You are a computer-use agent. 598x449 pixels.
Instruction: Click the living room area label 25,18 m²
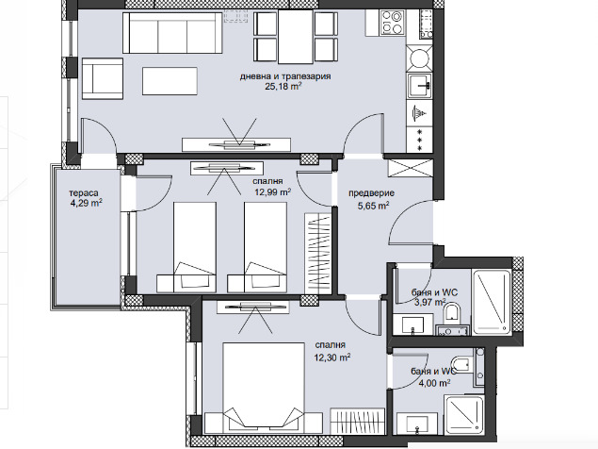283,87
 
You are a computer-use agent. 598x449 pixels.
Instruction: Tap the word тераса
84,193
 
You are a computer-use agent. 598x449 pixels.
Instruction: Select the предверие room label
371,193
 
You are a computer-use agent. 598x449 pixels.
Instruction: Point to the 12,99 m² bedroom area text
273,191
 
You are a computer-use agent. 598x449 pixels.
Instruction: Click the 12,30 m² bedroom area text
332,358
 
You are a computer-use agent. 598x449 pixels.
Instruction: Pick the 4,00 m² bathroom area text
434,383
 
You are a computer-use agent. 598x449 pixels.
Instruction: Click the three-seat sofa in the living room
172,33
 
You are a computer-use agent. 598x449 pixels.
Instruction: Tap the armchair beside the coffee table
103,78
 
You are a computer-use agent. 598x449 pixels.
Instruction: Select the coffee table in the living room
170,81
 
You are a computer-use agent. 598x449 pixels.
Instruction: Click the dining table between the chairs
296,37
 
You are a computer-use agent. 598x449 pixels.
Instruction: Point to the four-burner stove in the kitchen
392,23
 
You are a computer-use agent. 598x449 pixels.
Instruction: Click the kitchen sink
419,86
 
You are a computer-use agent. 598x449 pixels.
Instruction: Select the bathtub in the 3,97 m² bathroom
492,302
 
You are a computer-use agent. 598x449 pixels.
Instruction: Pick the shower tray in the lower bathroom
464,415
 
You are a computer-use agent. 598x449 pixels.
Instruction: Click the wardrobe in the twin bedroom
317,254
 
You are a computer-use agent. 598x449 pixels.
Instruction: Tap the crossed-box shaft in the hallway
410,168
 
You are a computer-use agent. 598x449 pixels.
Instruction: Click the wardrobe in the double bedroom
357,421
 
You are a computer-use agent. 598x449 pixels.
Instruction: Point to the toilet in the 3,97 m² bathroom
452,311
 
